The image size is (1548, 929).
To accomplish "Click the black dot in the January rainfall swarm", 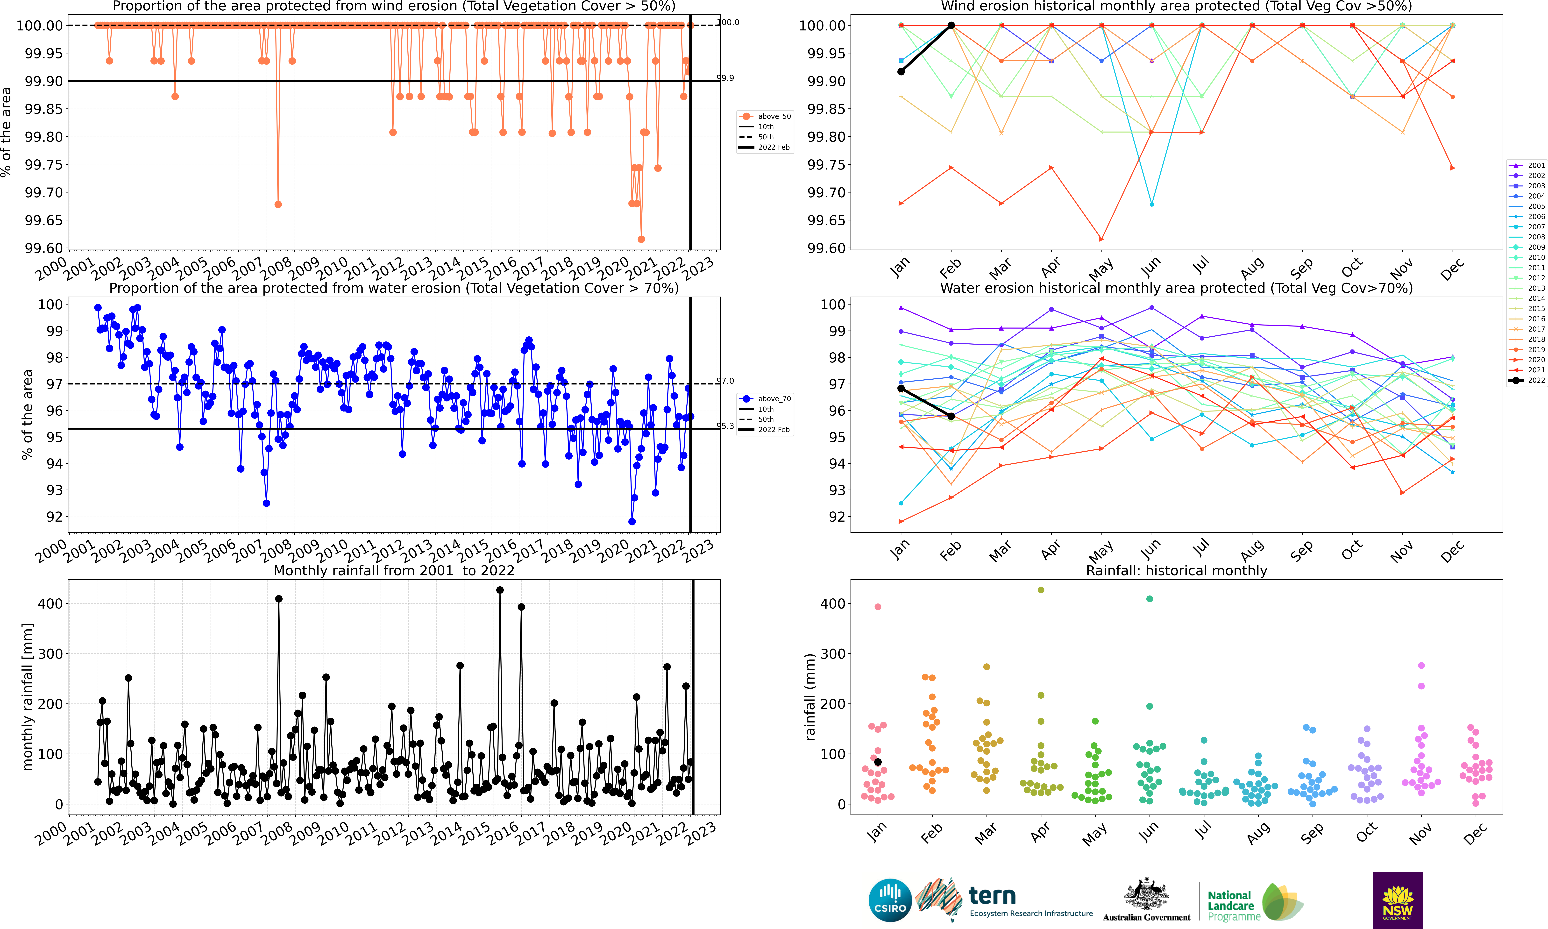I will pos(878,762).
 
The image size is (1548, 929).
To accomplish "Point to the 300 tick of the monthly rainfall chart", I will pos(51,653).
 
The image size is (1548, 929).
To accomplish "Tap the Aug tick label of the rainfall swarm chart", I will pos(1258,833).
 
